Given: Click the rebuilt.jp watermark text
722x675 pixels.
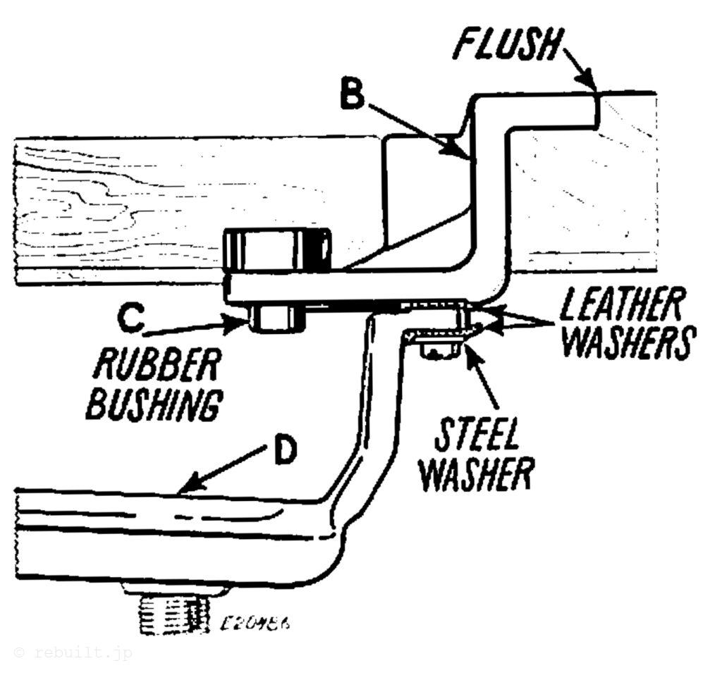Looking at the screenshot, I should (73, 653).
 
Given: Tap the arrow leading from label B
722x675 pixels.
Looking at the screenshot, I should (416, 127).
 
